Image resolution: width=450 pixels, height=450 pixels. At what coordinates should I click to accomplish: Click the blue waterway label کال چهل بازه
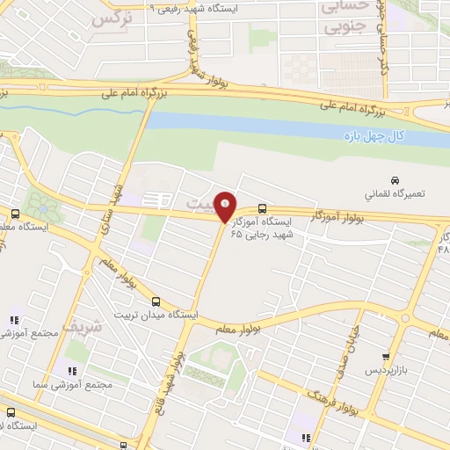click(x=372, y=137)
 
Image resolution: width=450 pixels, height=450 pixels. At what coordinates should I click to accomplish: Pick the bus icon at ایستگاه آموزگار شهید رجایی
click(x=265, y=208)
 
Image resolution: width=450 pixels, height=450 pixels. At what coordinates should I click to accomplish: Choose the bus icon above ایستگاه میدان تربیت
click(x=156, y=301)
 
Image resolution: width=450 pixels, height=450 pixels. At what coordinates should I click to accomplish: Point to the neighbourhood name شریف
click(x=110, y=325)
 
